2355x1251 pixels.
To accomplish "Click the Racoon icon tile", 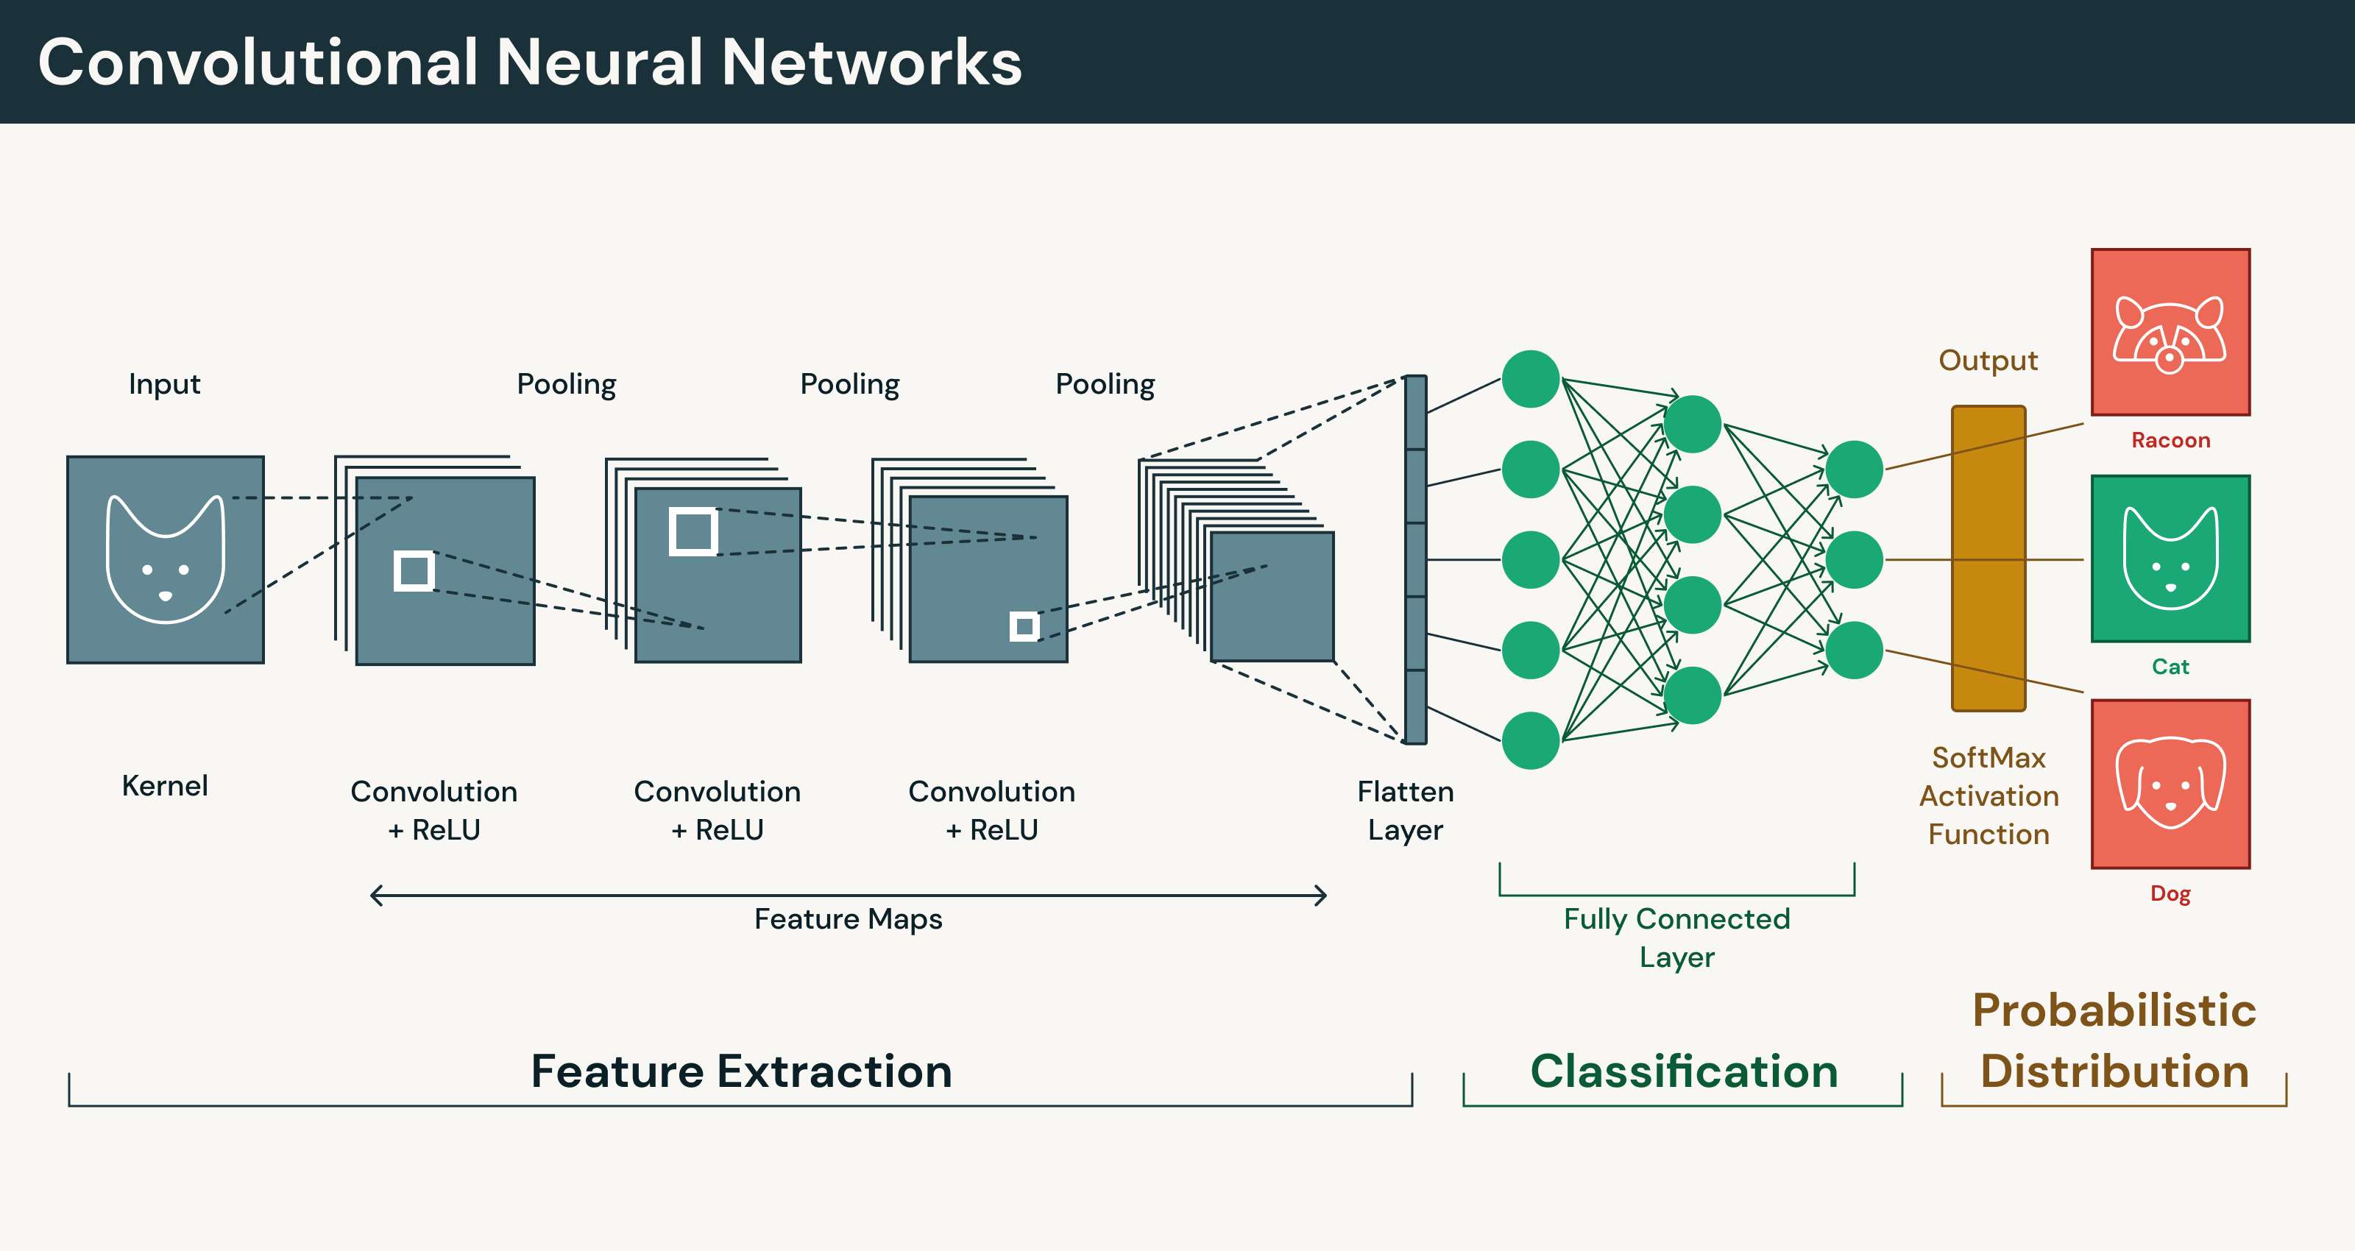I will pyautogui.click(x=2170, y=332).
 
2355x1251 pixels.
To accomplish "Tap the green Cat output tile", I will pyautogui.click(x=2170, y=559).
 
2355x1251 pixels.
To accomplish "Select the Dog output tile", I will pyautogui.click(x=2170, y=784).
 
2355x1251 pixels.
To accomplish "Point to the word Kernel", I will pyautogui.click(x=165, y=785).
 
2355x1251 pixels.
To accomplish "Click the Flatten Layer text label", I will pyautogui.click(x=1405, y=810).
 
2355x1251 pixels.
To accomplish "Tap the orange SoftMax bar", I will pyautogui.click(x=1989, y=559).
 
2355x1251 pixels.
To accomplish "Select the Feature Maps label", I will pyautogui.click(x=848, y=919).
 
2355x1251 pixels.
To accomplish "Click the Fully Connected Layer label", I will pyautogui.click(x=1676, y=938).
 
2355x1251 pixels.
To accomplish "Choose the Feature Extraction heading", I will pyautogui.click(x=741, y=1071).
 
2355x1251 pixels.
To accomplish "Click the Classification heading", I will pyautogui.click(x=1684, y=1071).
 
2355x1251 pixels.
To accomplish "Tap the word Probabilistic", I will pyautogui.click(x=2114, y=1010).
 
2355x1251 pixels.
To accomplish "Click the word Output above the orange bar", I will pyautogui.click(x=1989, y=361).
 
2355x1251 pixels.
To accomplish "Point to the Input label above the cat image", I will pyautogui.click(x=165, y=384).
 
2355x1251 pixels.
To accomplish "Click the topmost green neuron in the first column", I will pyautogui.click(x=1531, y=378).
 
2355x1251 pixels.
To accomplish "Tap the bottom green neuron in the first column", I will pyautogui.click(x=1531, y=740).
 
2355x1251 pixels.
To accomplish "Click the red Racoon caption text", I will pyautogui.click(x=2170, y=440).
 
